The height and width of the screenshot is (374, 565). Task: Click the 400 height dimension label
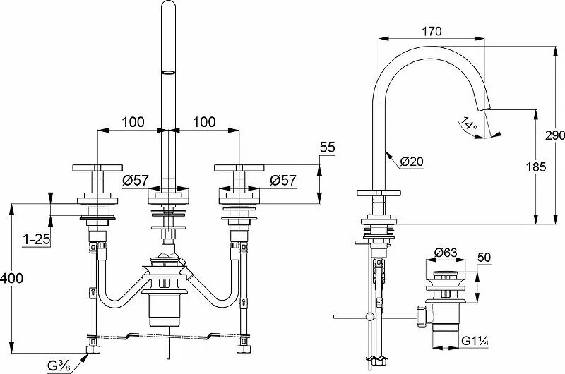pos(12,277)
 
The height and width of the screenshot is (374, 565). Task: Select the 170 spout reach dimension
pos(432,30)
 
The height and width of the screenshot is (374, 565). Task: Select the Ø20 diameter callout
pos(412,162)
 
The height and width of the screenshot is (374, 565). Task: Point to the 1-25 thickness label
pos(35,240)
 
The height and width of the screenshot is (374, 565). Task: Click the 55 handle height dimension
pos(326,147)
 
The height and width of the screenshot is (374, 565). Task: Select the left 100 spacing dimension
pos(133,122)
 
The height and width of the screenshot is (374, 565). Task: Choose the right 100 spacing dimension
pos(203,122)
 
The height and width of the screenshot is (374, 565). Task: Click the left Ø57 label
pos(136,180)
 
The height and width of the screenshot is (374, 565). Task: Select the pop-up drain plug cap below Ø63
pos(446,272)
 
